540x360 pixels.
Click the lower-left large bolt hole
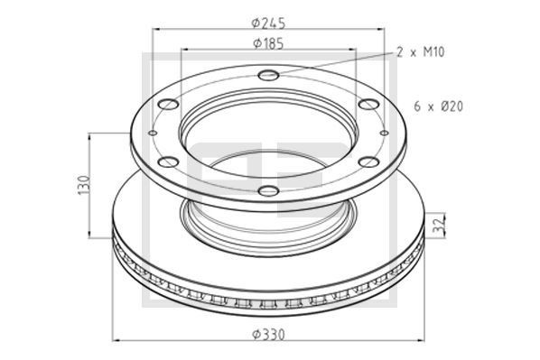point(169,162)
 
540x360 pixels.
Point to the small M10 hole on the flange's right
point(385,134)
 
